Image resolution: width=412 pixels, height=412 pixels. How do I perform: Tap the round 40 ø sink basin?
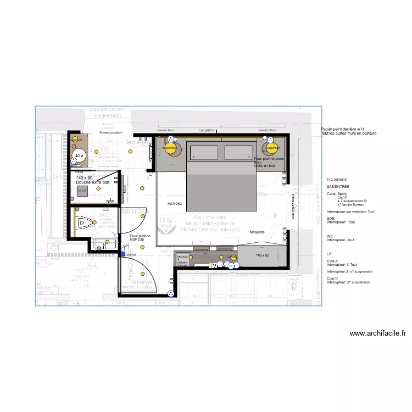click(x=79, y=156)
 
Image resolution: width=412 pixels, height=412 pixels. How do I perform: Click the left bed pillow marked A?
click(x=204, y=152)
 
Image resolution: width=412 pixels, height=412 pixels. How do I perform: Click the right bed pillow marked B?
click(x=238, y=152)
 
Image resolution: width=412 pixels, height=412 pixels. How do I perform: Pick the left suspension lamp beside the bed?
click(x=170, y=148)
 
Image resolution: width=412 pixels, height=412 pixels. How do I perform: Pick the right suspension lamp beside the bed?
click(x=270, y=148)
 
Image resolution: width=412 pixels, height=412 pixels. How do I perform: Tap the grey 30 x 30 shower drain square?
click(x=82, y=191)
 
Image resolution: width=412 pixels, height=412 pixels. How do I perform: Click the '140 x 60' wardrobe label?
click(x=263, y=255)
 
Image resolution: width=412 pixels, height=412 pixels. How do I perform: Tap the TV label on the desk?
click(x=213, y=266)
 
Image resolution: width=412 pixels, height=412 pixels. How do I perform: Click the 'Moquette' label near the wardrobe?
click(x=257, y=232)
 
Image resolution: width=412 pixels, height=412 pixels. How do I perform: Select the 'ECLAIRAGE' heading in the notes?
click(x=337, y=180)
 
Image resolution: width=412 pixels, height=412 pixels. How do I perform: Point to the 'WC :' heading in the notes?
click(x=331, y=236)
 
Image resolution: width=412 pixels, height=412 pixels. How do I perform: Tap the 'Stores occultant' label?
click(x=111, y=133)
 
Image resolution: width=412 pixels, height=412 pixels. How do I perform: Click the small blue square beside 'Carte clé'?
click(x=123, y=254)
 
